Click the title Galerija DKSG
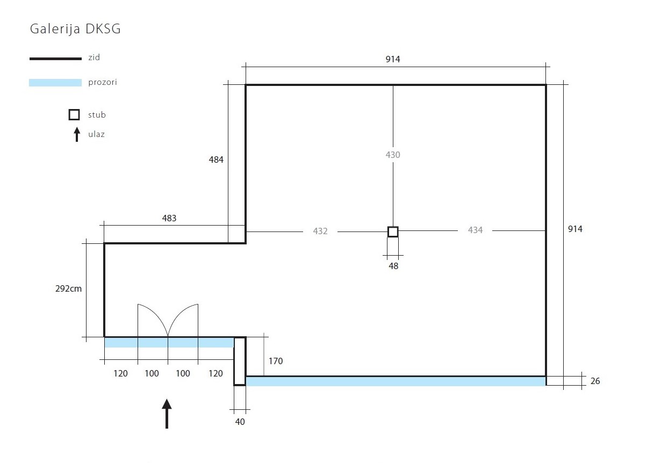(75, 29)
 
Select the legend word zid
(94, 57)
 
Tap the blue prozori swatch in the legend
(55, 83)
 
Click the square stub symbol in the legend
(74, 114)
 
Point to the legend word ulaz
(96, 134)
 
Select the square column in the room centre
(393, 231)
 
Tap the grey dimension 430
(393, 155)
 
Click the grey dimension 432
(320, 231)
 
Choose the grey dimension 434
(475, 230)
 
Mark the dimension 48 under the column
(393, 265)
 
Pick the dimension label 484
(216, 160)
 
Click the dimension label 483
(169, 218)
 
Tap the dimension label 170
(276, 361)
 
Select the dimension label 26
(595, 381)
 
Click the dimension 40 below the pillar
(240, 422)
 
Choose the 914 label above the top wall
(393, 59)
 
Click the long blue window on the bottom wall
(396, 381)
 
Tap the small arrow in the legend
(77, 134)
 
